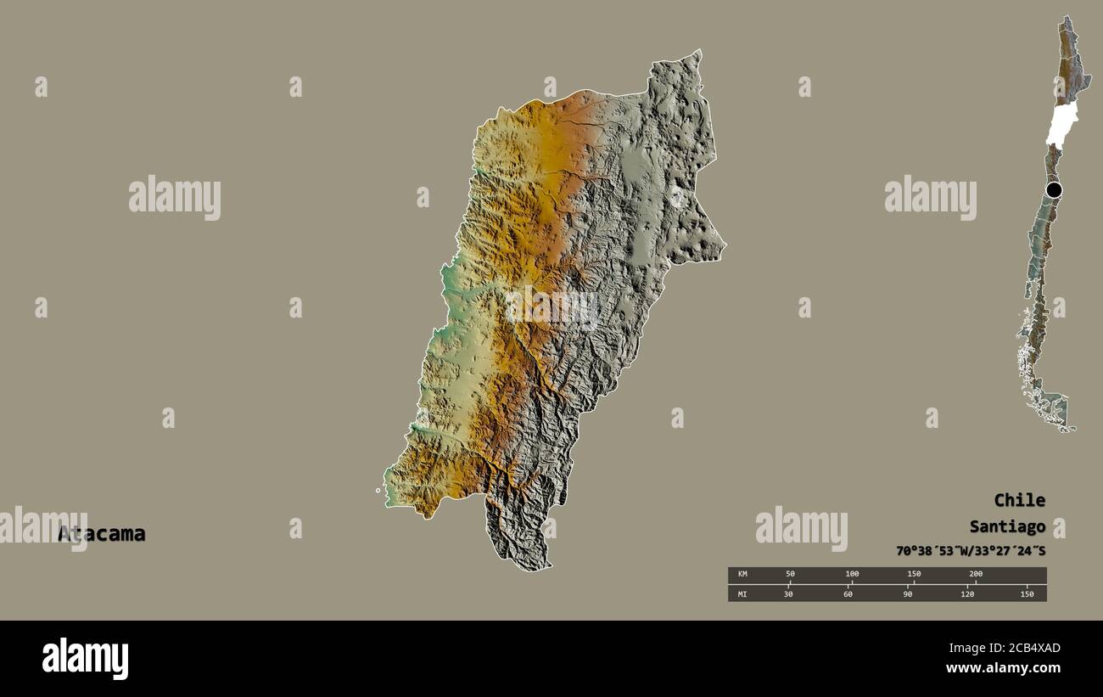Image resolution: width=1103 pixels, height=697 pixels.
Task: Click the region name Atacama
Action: tap(102, 534)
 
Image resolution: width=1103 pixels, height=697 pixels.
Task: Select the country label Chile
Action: tap(1019, 500)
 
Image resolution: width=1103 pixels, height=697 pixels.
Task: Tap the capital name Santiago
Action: tap(1007, 526)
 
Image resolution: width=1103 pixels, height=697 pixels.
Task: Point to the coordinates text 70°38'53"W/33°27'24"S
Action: tap(970, 551)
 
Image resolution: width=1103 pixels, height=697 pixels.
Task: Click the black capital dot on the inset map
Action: tap(1054, 190)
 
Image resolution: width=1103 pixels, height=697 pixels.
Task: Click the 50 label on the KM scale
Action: tap(790, 574)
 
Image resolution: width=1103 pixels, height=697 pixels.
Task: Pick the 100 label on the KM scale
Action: tap(852, 574)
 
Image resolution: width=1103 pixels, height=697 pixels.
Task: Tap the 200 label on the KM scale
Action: tap(976, 574)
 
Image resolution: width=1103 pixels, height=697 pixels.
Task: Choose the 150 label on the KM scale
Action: tap(914, 574)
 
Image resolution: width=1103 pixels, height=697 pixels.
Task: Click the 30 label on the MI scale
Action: tap(788, 594)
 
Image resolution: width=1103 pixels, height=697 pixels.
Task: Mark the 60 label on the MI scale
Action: tap(848, 594)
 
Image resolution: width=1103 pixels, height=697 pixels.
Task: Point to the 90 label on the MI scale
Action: tap(907, 594)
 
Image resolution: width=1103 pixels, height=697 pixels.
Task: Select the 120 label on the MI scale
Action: tap(967, 594)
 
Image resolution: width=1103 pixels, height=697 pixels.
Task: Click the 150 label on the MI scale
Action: tap(1027, 594)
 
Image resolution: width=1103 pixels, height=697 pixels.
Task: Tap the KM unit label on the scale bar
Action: tap(742, 574)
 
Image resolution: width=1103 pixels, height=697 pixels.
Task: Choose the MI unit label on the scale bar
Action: tap(742, 594)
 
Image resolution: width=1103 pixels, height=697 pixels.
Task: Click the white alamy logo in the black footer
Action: tap(85, 659)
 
